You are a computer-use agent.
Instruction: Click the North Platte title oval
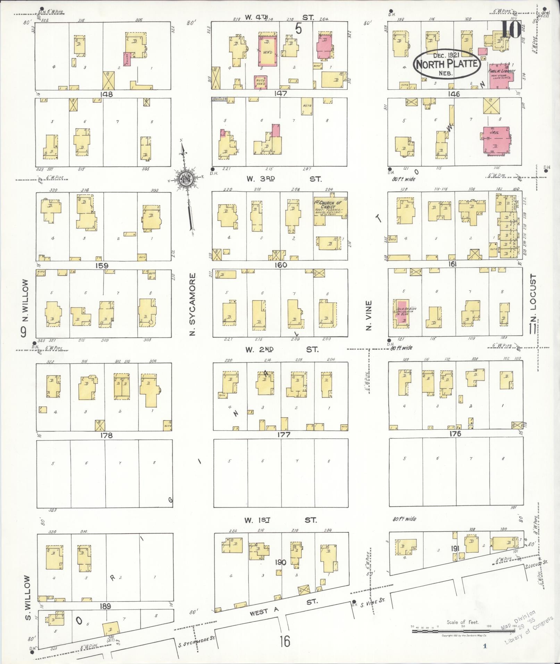click(447, 64)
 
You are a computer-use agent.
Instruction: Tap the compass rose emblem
click(186, 179)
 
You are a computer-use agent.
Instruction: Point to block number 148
click(106, 94)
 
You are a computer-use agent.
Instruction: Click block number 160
click(281, 265)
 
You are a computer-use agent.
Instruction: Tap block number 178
click(106, 435)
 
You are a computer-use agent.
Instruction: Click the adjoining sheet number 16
click(284, 641)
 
